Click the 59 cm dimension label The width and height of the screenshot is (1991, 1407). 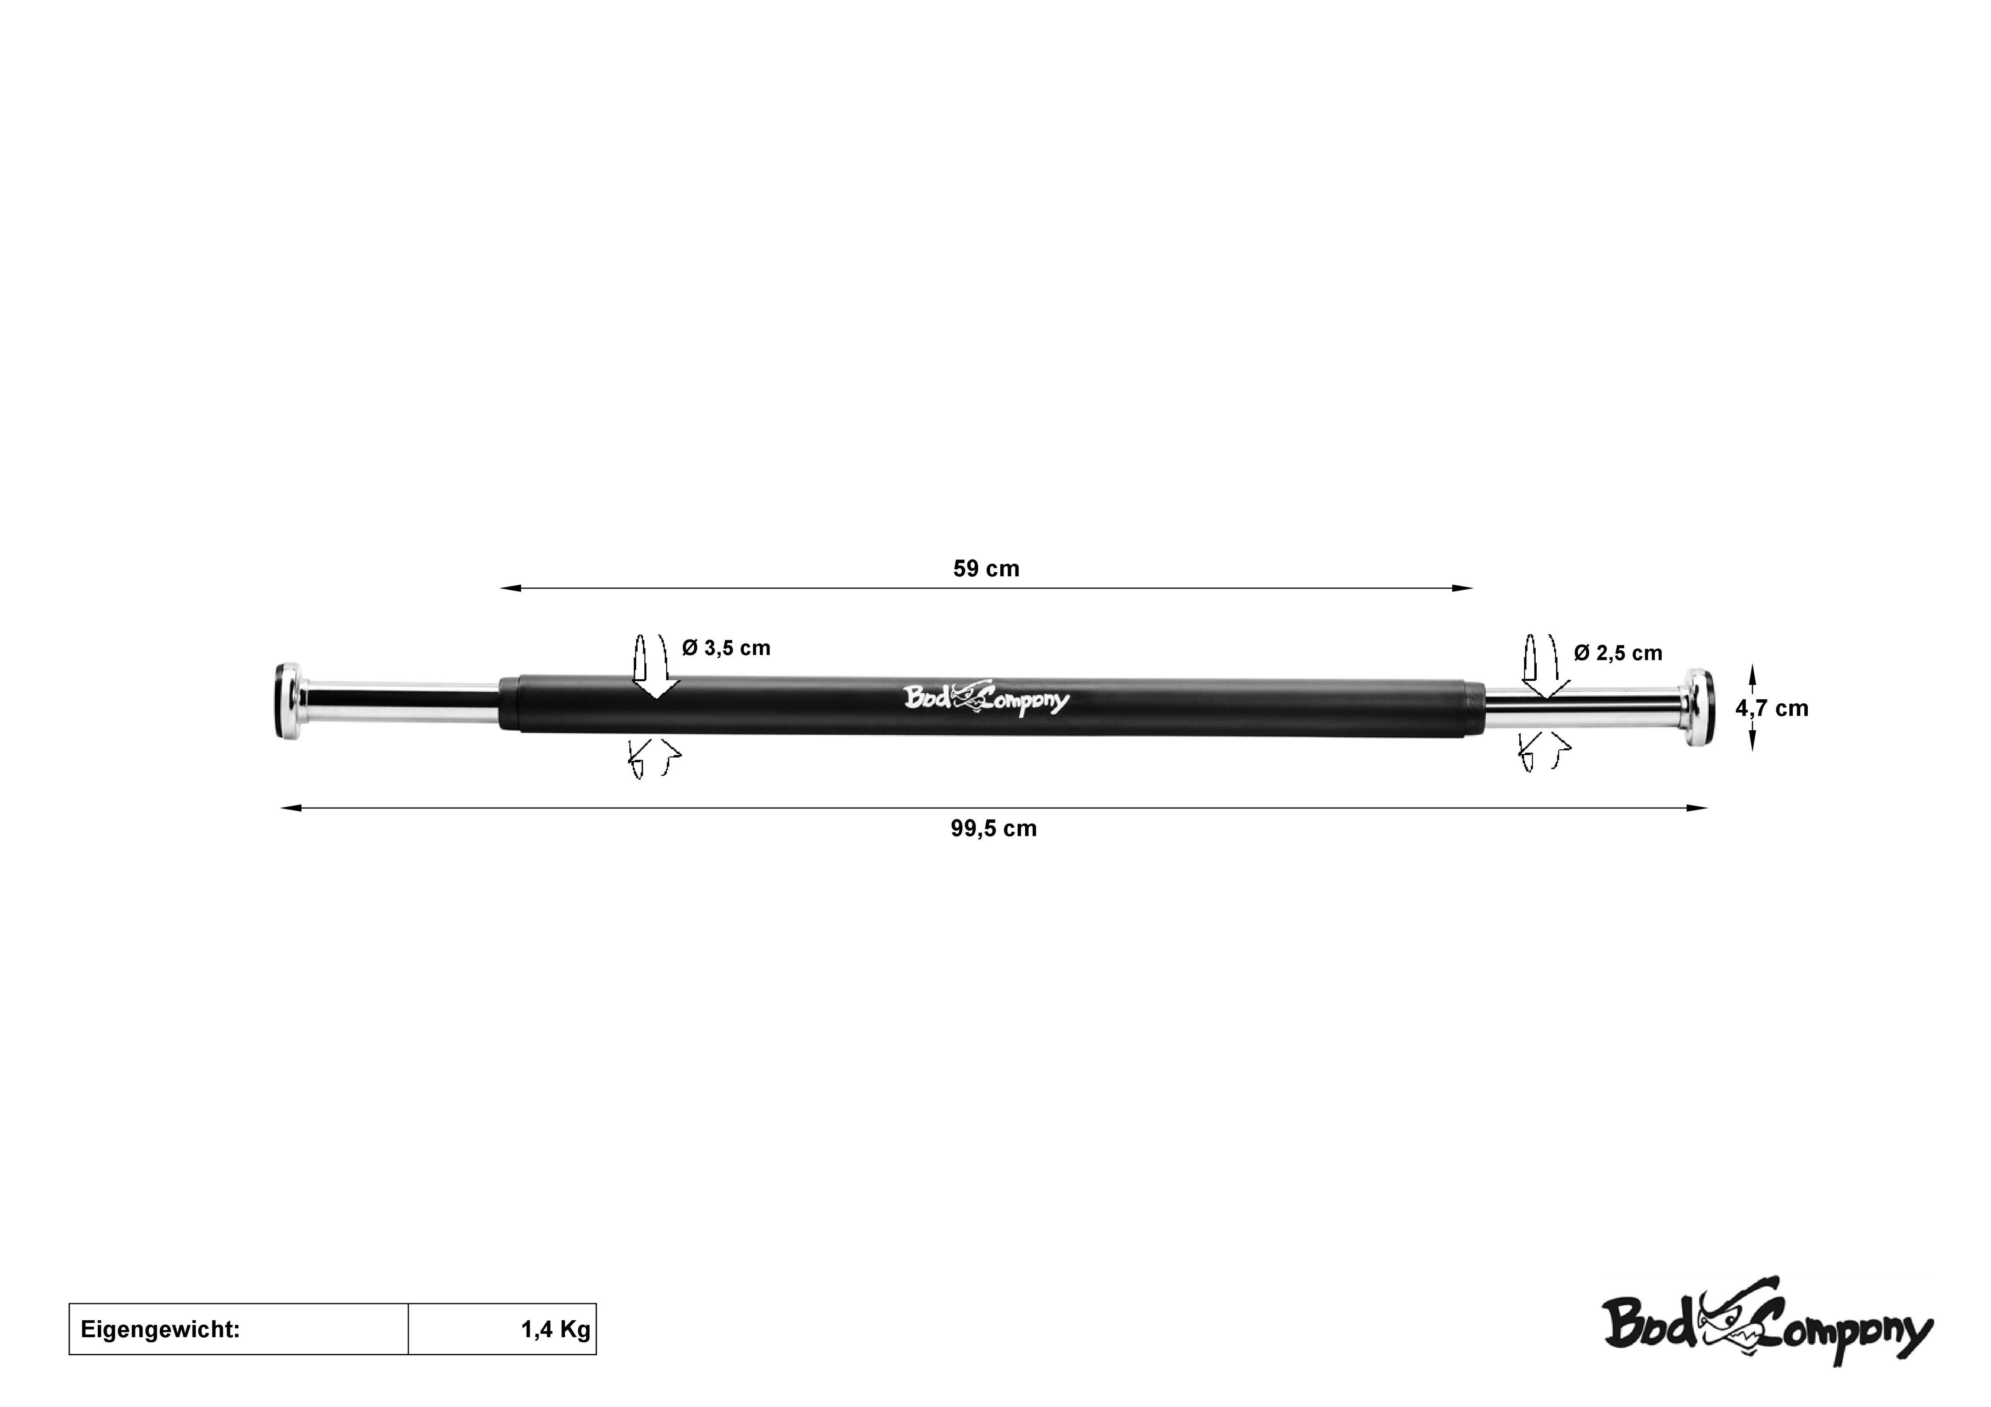[986, 569]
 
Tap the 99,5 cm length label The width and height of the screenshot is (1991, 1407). [994, 829]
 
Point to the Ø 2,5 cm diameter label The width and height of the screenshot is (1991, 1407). [1618, 653]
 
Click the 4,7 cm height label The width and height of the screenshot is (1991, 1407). [1772, 708]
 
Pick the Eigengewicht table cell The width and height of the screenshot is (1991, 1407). [238, 1329]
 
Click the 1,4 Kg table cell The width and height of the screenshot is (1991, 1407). [502, 1329]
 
